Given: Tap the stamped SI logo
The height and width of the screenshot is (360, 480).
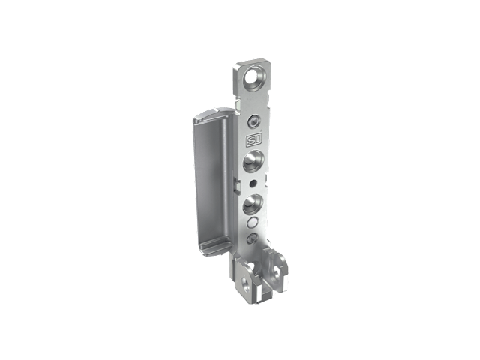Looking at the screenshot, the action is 254,141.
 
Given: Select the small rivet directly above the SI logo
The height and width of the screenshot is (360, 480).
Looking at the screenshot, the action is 254,121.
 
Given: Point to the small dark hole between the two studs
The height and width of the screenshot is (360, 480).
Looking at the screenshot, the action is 253,184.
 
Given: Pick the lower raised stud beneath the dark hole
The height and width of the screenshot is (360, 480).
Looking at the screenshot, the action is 253,203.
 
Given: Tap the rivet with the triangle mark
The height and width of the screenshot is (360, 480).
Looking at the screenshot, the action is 252,238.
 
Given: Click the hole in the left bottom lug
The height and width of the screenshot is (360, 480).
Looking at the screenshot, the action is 245,284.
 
